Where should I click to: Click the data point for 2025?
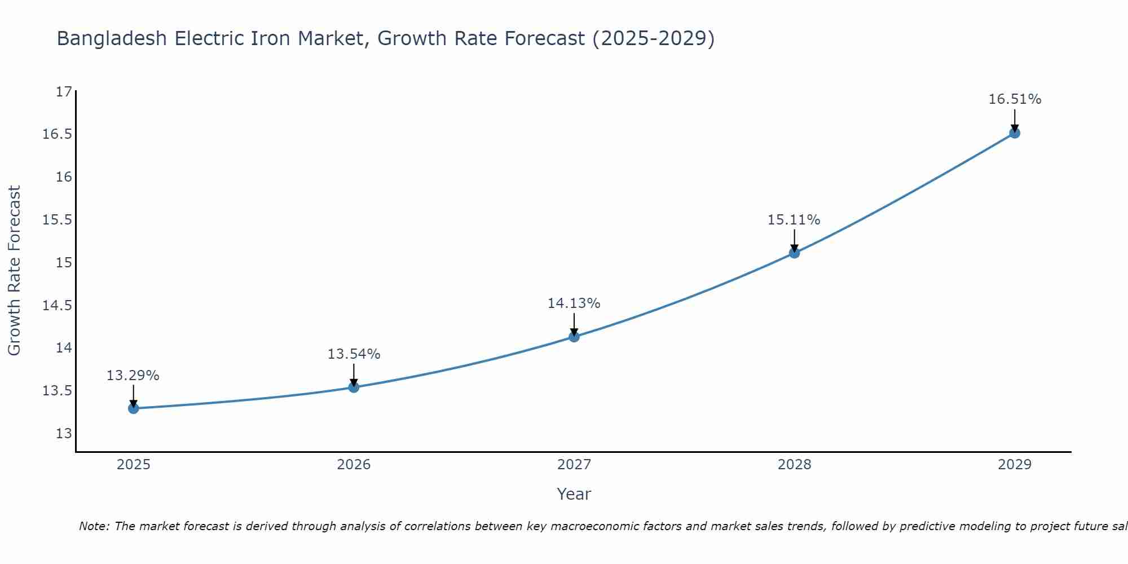[134, 408]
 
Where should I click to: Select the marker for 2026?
[354, 387]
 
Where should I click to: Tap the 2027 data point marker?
[574, 337]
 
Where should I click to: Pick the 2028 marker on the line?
[794, 253]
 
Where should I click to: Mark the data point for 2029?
[1015, 133]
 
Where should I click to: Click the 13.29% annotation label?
[133, 376]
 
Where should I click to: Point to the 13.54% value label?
[354, 354]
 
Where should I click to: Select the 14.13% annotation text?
[574, 303]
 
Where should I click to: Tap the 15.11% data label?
[794, 220]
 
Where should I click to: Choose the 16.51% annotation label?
[1015, 99]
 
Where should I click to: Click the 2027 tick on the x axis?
[574, 465]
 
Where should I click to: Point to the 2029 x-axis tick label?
[1015, 465]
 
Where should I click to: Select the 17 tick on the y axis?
[64, 91]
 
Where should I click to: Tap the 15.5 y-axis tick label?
[58, 220]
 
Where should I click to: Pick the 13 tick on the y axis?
[64, 434]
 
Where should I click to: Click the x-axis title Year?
[574, 494]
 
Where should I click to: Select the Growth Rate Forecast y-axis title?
[14, 271]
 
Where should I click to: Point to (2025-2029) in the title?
[653, 38]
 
